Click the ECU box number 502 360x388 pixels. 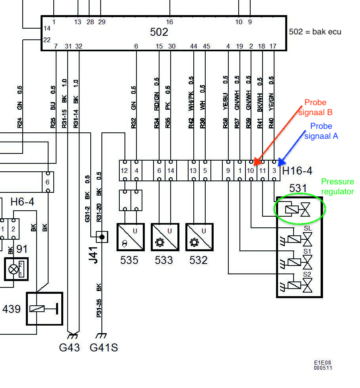tap(159, 32)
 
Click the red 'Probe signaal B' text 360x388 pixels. tap(318, 107)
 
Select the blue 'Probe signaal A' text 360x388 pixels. tap(321, 131)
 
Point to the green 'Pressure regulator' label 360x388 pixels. tap(337, 186)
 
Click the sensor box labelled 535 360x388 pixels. tap(128, 237)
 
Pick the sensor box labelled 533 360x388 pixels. tap(163, 237)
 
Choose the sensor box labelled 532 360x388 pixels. tap(198, 237)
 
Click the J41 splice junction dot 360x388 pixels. tap(102, 237)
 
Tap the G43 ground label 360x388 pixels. tap(70, 347)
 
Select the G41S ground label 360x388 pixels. tap(104, 347)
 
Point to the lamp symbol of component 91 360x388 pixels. tap(14, 269)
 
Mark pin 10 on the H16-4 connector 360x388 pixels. tap(251, 171)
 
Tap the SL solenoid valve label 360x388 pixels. tap(307, 228)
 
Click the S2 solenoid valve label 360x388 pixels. tap(307, 274)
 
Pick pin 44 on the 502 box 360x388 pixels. tap(194, 47)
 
